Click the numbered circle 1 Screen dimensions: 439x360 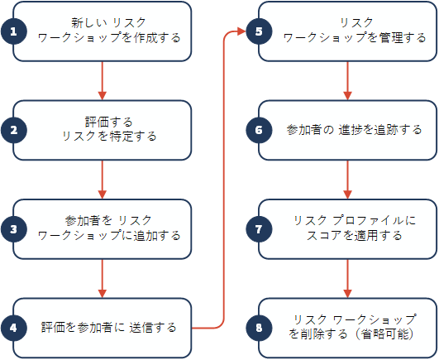14,31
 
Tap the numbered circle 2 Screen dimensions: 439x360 14,130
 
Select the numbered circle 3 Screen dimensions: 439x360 14,229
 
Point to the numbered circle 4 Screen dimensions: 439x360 14,328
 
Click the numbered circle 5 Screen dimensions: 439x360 259,31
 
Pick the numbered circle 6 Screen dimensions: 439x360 259,130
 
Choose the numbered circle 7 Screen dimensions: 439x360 259,229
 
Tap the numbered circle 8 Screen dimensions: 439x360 259,328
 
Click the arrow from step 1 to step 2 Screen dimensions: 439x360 103,80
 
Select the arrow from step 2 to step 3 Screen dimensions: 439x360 103,180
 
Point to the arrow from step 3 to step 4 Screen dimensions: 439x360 103,278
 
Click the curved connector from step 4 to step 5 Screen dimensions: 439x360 224,180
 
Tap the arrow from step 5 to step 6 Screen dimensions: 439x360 347,80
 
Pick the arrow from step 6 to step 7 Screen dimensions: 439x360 347,180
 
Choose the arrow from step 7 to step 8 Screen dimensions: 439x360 347,278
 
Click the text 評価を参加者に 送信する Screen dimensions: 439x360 108,328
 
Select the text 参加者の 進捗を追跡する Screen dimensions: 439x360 354,130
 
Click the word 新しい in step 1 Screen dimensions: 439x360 88,22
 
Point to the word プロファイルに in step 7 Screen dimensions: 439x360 375,221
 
